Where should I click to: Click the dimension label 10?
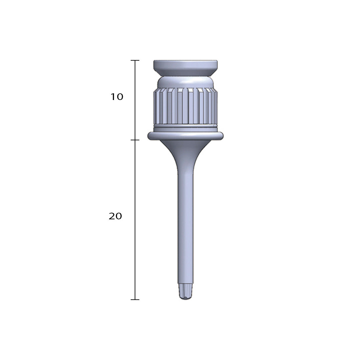117,97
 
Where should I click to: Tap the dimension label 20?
115,216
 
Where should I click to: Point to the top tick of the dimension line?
135,60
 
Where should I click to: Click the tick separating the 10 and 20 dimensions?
135,140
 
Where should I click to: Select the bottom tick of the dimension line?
135,299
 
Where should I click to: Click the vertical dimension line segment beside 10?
135,100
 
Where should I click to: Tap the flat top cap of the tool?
185,64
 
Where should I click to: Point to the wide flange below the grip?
185,136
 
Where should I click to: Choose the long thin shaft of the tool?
185,227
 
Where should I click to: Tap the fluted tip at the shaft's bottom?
185,291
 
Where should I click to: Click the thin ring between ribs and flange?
185,127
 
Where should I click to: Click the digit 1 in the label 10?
113,97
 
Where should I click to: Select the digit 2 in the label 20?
112,216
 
